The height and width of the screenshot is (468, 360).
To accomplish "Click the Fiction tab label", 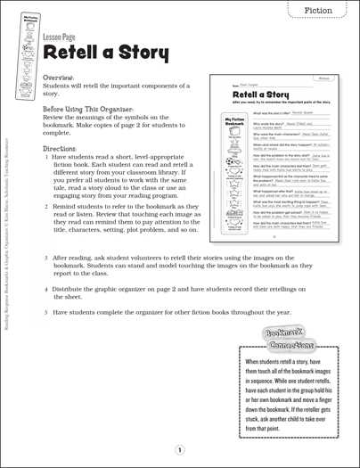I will (x=318, y=10).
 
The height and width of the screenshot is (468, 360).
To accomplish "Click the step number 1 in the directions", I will (x=45, y=156).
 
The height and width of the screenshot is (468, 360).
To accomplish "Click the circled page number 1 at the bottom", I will (x=179, y=450).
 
